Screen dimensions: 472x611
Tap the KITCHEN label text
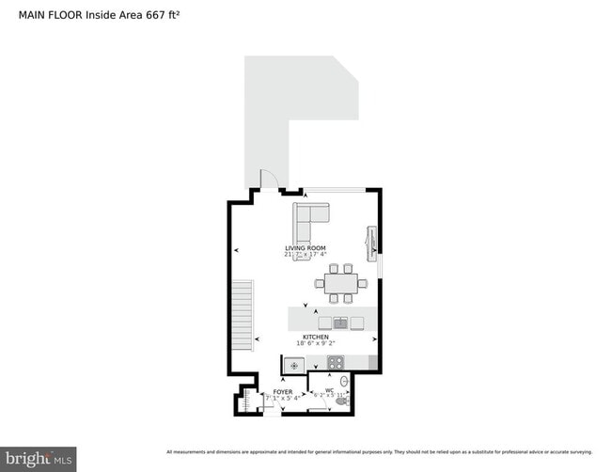pyautogui.click(x=315, y=337)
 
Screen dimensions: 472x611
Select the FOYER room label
pyautogui.click(x=282, y=391)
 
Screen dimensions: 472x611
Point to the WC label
pyautogui.click(x=329, y=390)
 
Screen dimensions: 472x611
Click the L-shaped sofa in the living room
pyautogui.click(x=305, y=221)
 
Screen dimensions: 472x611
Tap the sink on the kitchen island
pyautogui.click(x=339, y=323)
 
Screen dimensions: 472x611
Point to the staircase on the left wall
pyautogui.click(x=243, y=315)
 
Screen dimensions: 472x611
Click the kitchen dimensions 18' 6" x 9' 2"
pyautogui.click(x=315, y=345)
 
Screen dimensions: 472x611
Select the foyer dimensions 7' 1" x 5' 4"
pyautogui.click(x=282, y=399)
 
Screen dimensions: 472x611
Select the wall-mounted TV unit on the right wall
pyautogui.click(x=371, y=242)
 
